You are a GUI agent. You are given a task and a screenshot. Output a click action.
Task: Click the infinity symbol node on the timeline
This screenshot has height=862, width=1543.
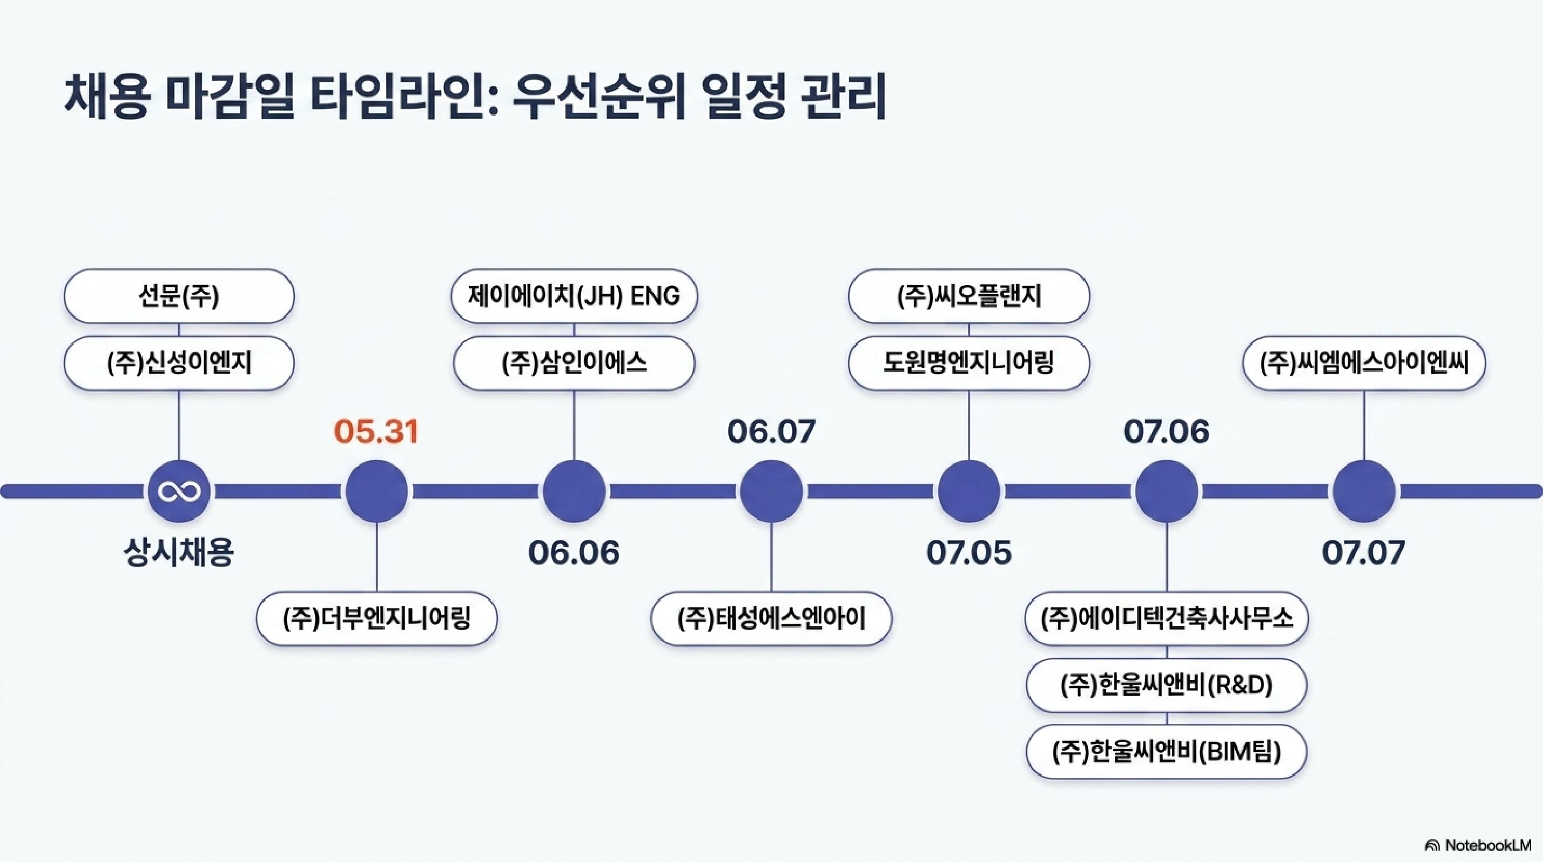point(179,491)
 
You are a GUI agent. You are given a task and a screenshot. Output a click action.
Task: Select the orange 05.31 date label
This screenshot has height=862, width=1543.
point(376,432)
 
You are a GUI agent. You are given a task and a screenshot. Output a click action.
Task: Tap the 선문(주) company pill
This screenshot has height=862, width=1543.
point(179,296)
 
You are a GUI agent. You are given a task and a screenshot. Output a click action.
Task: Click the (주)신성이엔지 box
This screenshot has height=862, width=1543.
point(179,363)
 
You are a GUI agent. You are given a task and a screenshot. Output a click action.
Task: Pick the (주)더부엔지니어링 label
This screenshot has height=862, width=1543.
point(377,618)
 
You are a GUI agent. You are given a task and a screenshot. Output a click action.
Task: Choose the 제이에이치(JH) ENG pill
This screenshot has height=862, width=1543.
point(574,296)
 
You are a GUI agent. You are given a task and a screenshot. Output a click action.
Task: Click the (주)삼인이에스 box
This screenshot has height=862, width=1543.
point(574,363)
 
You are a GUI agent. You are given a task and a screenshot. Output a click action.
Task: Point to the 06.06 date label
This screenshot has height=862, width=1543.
point(574,552)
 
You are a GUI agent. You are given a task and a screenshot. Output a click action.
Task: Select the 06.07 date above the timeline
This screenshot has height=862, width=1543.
point(771,432)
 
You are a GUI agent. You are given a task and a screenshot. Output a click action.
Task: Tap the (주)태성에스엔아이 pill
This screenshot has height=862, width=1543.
point(771,618)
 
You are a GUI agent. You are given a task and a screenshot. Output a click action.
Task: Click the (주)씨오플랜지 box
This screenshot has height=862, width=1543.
point(969,296)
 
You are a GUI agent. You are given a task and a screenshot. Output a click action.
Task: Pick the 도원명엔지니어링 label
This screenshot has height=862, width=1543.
point(969,363)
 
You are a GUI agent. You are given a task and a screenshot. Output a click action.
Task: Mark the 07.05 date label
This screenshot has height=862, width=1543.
point(969,552)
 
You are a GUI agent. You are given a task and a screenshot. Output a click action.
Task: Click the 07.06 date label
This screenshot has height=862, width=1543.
point(1166,432)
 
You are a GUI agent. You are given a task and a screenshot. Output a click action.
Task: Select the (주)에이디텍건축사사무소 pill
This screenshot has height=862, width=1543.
point(1166,618)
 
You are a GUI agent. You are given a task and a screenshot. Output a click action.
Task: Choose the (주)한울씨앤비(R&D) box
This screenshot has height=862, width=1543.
point(1166,685)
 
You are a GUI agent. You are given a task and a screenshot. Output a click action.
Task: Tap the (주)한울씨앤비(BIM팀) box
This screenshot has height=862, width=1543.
point(1166,752)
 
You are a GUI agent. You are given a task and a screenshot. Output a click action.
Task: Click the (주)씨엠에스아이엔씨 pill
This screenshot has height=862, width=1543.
point(1364,363)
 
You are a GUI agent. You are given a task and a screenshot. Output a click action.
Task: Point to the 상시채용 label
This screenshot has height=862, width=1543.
point(179,552)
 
